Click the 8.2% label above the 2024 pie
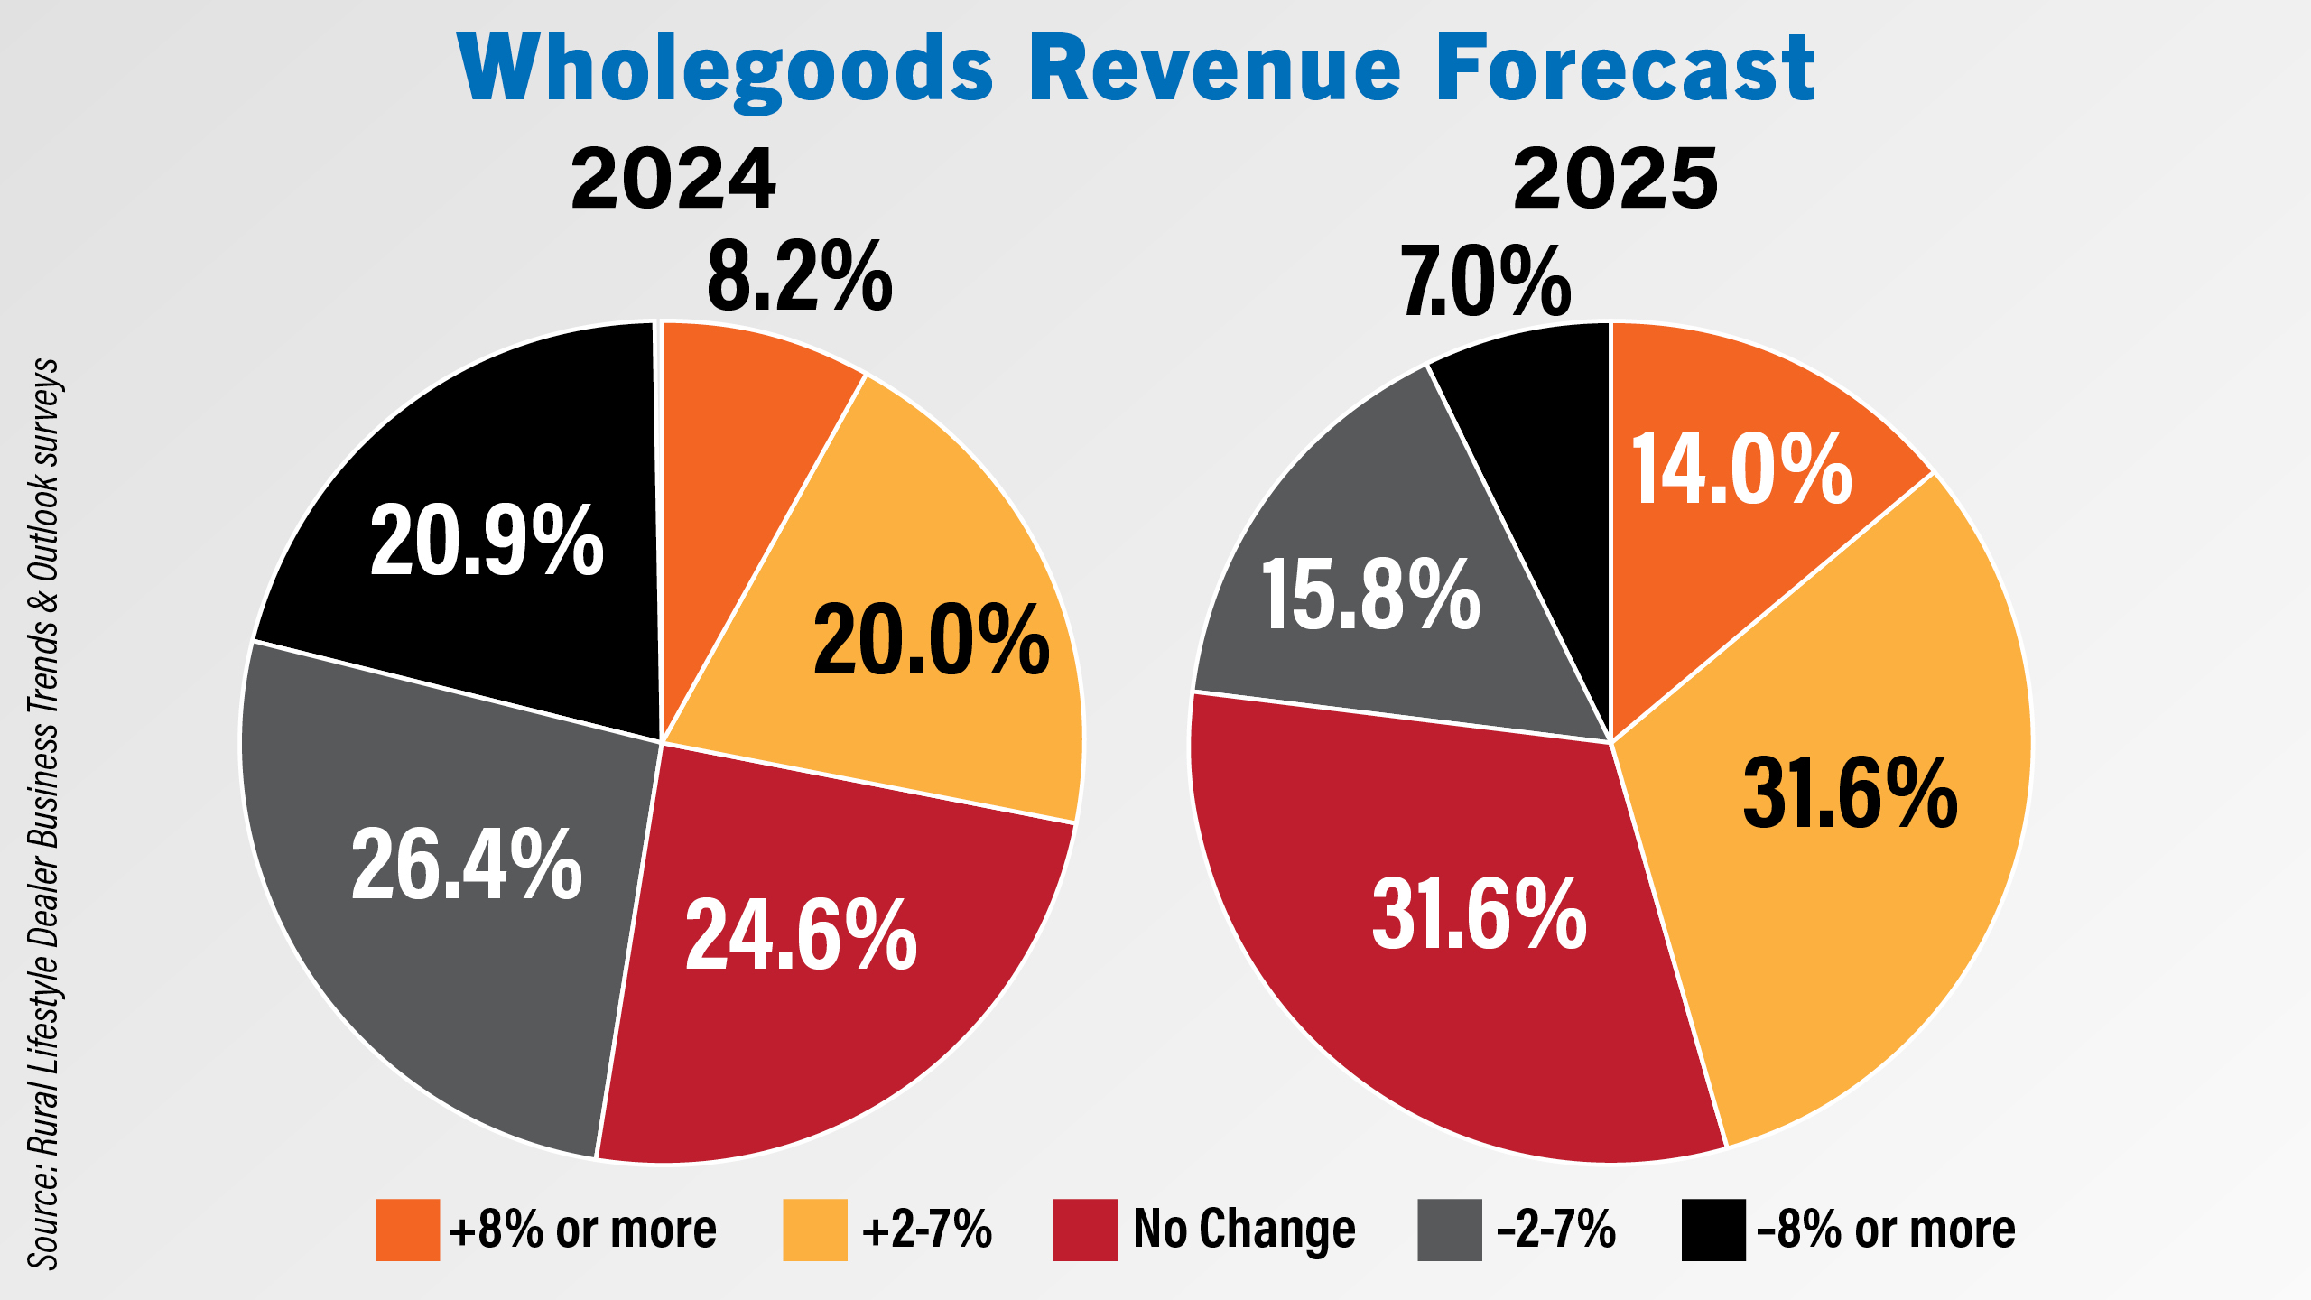800,277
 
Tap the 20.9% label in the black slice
487,541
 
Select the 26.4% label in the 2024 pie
467,864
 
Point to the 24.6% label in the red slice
801,934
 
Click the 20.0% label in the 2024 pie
931,640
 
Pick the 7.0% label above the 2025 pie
1486,283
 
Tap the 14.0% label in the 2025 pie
1741,469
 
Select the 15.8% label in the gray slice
1370,595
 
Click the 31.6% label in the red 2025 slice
1479,915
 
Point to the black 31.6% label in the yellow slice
1850,794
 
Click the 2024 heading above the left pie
673,180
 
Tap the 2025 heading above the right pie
1616,180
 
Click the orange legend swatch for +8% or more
407,1230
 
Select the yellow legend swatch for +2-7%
815,1230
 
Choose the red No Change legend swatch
1085,1230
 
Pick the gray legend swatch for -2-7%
1450,1230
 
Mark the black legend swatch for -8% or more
1713,1230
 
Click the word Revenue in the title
1214,69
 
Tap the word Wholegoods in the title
727,70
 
